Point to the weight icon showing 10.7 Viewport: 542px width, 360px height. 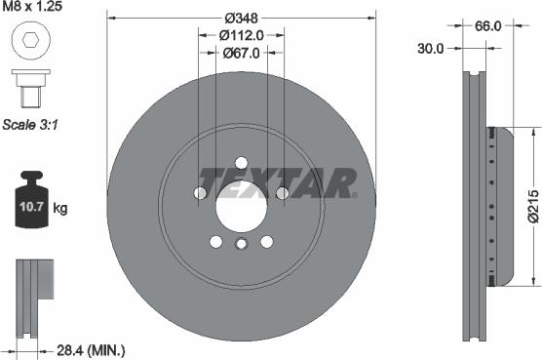coord(31,206)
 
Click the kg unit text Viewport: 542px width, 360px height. coord(60,209)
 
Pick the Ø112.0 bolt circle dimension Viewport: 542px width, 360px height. coord(241,37)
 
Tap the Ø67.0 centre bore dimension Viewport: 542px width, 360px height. coord(241,55)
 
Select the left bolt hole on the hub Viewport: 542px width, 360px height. coord(201,193)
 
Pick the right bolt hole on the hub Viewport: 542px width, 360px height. coord(282,193)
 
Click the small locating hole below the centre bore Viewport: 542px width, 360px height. coord(241,243)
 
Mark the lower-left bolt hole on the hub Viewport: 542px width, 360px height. coord(215,241)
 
